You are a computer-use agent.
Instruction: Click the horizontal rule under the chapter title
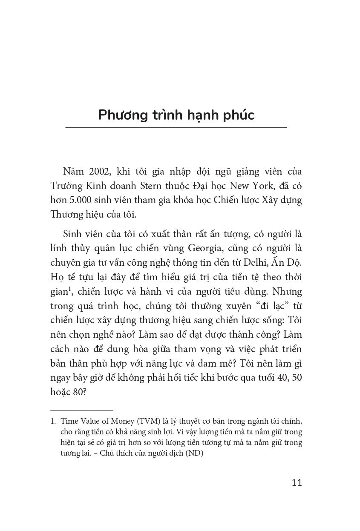(176, 127)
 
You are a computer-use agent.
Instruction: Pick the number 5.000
(81, 201)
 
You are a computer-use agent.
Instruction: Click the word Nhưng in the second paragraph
(286, 292)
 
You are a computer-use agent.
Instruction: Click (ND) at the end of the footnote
(194, 453)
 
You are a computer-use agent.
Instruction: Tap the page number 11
(297, 482)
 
